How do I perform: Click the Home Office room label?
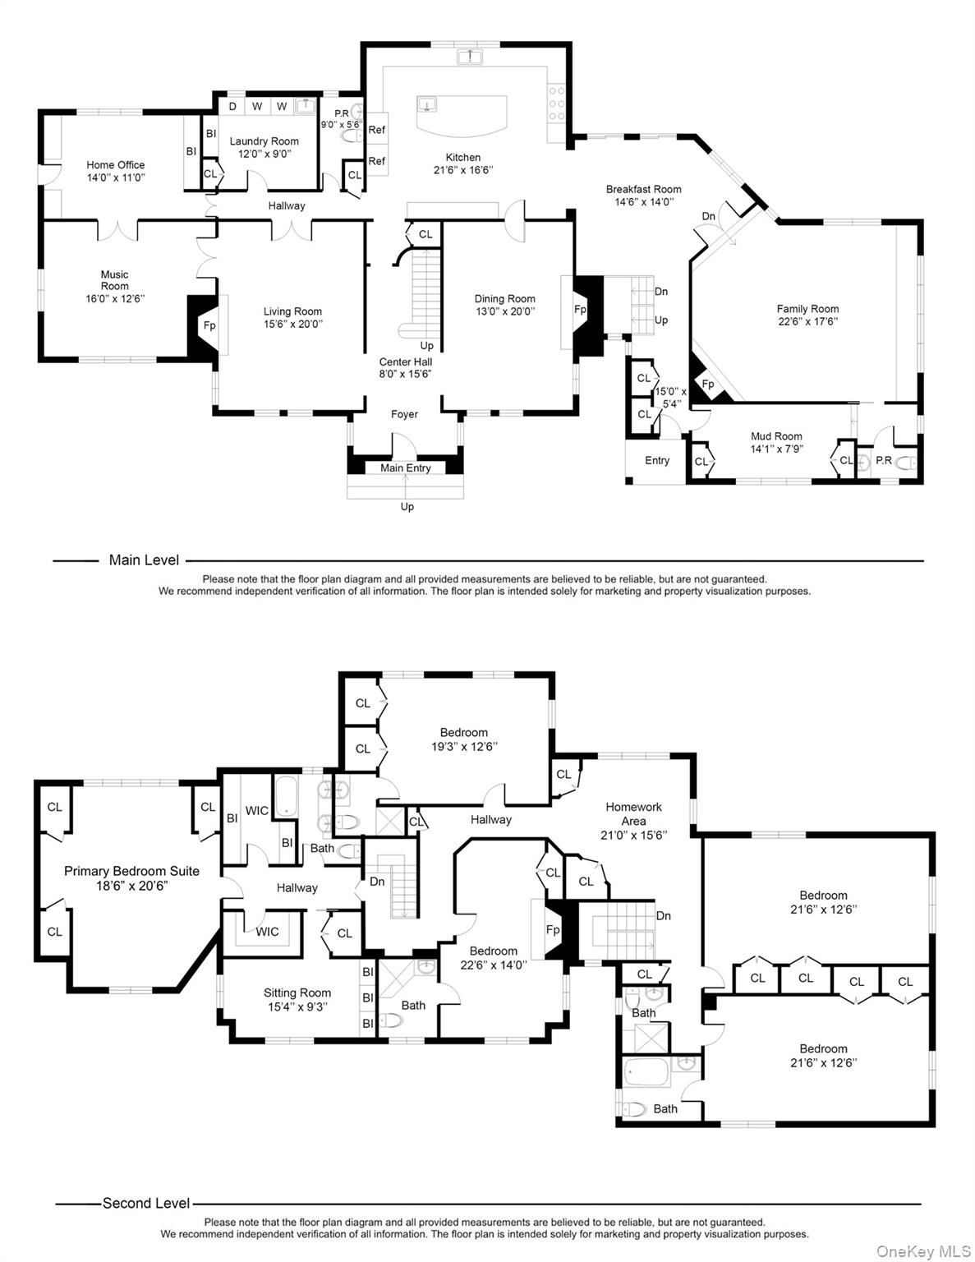pyautogui.click(x=116, y=165)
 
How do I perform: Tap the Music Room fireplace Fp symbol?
pyautogui.click(x=209, y=325)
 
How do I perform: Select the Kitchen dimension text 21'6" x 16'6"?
pyautogui.click(x=463, y=170)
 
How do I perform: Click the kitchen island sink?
pyautogui.click(x=427, y=104)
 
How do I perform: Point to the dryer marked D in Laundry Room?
pyautogui.click(x=232, y=106)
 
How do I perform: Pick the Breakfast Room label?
pyautogui.click(x=643, y=189)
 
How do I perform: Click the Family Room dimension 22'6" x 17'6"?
pyautogui.click(x=807, y=321)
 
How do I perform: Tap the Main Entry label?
pyautogui.click(x=406, y=467)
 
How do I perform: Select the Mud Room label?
pyautogui.click(x=776, y=436)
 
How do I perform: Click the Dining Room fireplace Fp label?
pyautogui.click(x=580, y=310)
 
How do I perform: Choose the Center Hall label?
pyautogui.click(x=405, y=362)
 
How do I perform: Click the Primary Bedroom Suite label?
pyautogui.click(x=131, y=871)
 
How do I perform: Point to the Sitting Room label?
pyautogui.click(x=297, y=993)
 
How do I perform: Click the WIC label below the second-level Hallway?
pyautogui.click(x=267, y=932)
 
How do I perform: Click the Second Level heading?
pyautogui.click(x=146, y=1203)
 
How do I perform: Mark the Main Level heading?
pyautogui.click(x=144, y=560)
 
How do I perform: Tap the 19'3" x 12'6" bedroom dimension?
pyautogui.click(x=464, y=746)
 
